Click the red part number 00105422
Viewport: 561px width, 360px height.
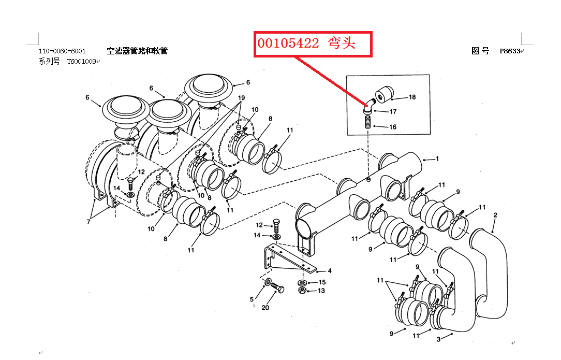(289, 44)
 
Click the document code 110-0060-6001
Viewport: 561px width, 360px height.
(62, 51)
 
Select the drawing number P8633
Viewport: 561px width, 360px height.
(510, 51)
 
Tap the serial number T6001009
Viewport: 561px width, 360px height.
(82, 62)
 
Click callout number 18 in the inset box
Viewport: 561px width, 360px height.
(412, 97)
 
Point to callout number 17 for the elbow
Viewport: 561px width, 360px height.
(393, 111)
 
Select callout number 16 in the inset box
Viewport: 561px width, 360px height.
(393, 127)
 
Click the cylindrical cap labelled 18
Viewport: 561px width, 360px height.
(383, 94)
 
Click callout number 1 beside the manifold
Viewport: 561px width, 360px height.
(437, 159)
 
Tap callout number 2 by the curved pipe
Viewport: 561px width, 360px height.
(495, 215)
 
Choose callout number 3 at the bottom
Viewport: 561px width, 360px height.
(438, 339)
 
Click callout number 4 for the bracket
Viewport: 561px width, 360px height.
(330, 271)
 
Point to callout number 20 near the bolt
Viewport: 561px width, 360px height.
(265, 308)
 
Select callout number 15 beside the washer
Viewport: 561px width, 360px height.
(322, 282)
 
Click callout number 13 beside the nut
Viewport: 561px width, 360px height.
(321, 291)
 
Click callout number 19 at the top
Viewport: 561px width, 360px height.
(242, 98)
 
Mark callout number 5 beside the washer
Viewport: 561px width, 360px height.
(252, 299)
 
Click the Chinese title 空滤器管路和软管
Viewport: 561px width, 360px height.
(137, 51)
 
